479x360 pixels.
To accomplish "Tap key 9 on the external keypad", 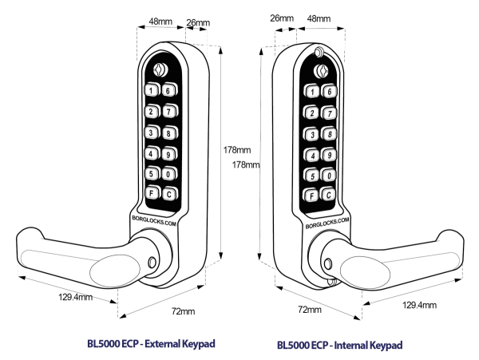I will pyautogui.click(x=169, y=154).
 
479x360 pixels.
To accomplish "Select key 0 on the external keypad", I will pyautogui.click(x=169, y=174).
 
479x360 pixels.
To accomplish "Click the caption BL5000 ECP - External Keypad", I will pyautogui.click(x=152, y=344).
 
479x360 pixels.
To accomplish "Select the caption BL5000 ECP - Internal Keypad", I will pyautogui.click(x=340, y=345).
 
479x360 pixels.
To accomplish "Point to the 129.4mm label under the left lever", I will pyautogui.click(x=74, y=297).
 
